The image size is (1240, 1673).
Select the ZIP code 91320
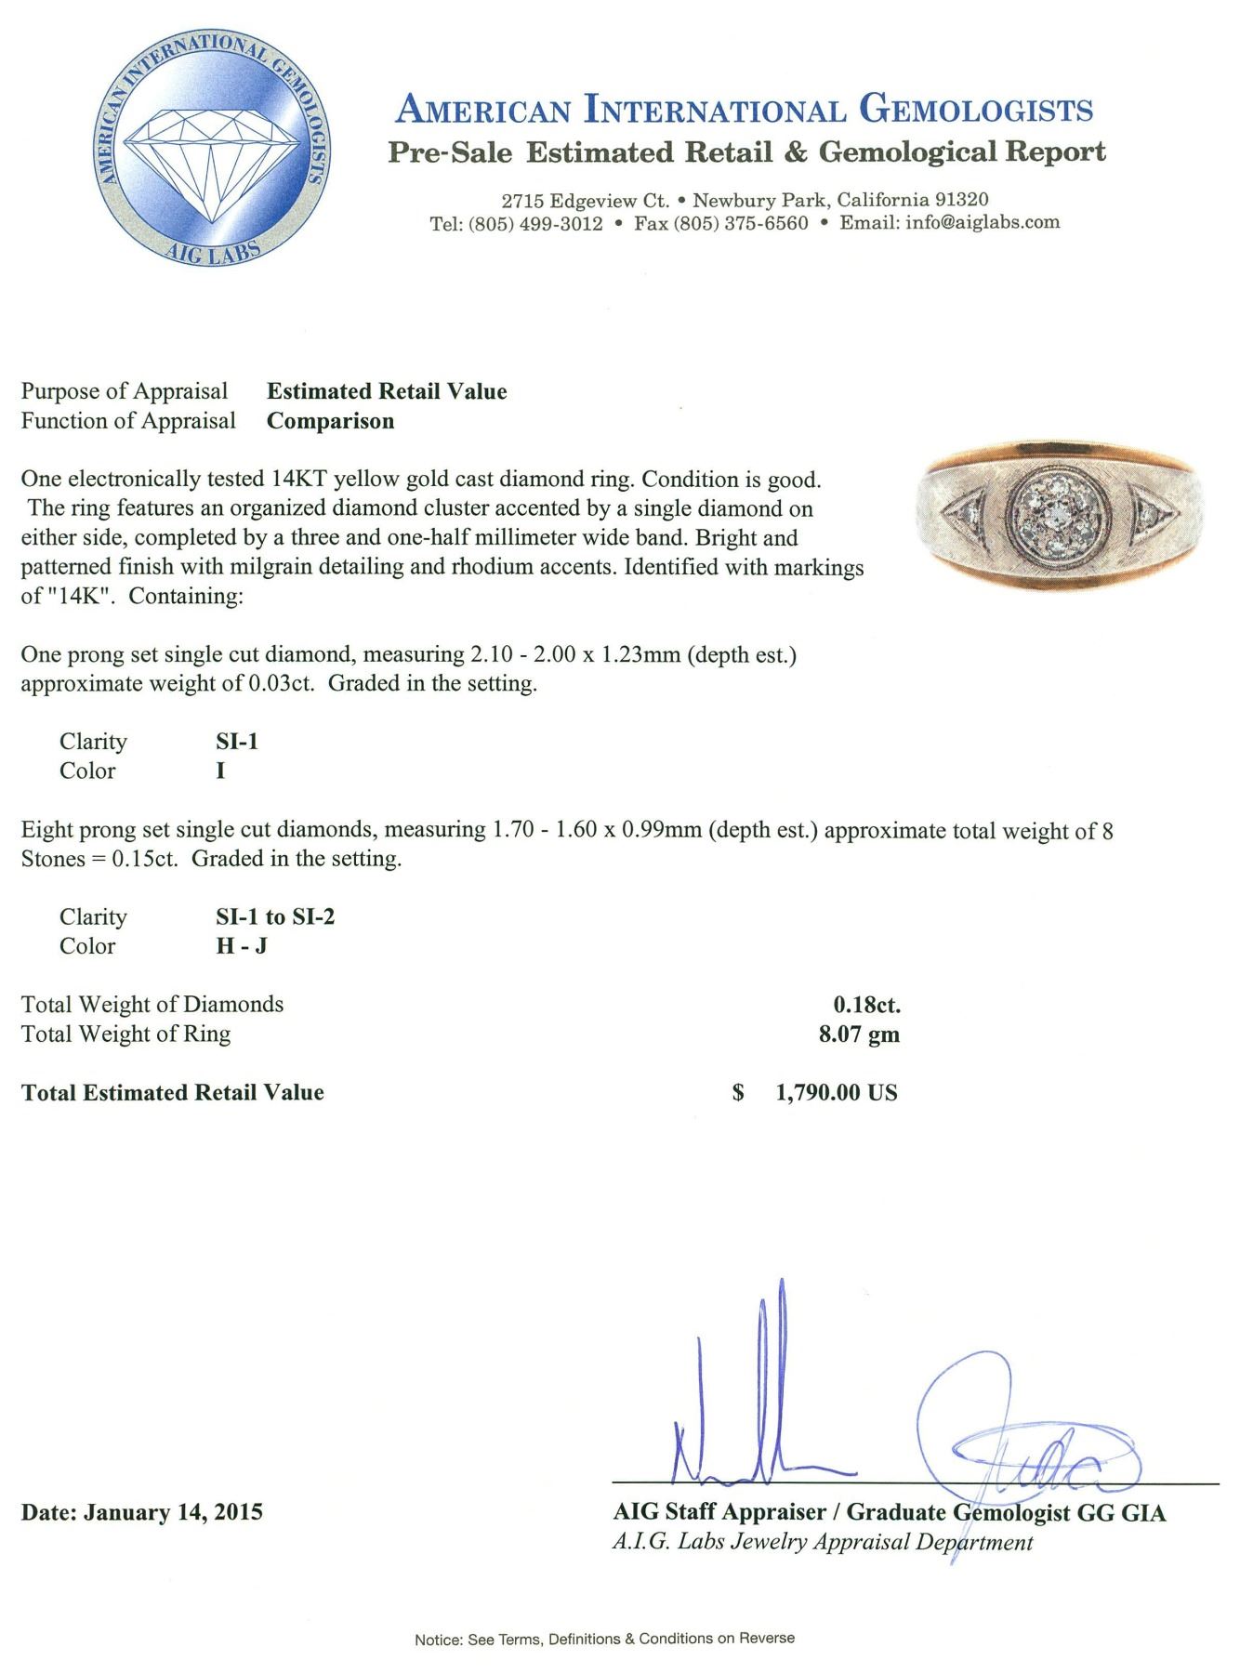point(960,200)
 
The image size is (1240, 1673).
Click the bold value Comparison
point(330,421)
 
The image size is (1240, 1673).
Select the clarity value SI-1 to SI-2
point(275,916)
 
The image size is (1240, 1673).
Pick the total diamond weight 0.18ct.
point(866,1005)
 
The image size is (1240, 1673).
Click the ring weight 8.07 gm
point(859,1034)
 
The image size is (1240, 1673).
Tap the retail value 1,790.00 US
point(836,1093)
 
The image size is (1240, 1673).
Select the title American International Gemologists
point(744,110)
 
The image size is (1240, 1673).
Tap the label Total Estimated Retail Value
point(173,1093)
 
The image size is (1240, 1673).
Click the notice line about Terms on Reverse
point(604,1639)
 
